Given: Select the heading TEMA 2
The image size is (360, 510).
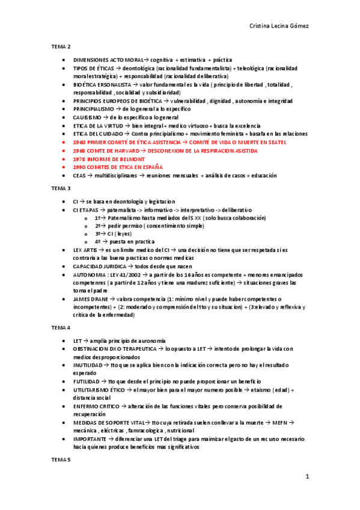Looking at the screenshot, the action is pyautogui.click(x=61, y=46).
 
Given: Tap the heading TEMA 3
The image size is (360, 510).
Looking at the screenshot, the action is pyautogui.click(x=61, y=188).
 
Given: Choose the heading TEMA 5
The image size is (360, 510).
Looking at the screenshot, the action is pyautogui.click(x=61, y=460).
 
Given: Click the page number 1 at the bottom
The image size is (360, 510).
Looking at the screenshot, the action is pyautogui.click(x=307, y=477).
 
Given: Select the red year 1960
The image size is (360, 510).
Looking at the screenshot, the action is pyautogui.click(x=79, y=142).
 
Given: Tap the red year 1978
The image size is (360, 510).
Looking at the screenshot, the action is pyautogui.click(x=79, y=159).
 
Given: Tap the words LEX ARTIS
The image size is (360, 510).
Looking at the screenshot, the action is pyautogui.click(x=85, y=250).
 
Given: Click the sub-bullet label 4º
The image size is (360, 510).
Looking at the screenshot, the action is pyautogui.click(x=97, y=241).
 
